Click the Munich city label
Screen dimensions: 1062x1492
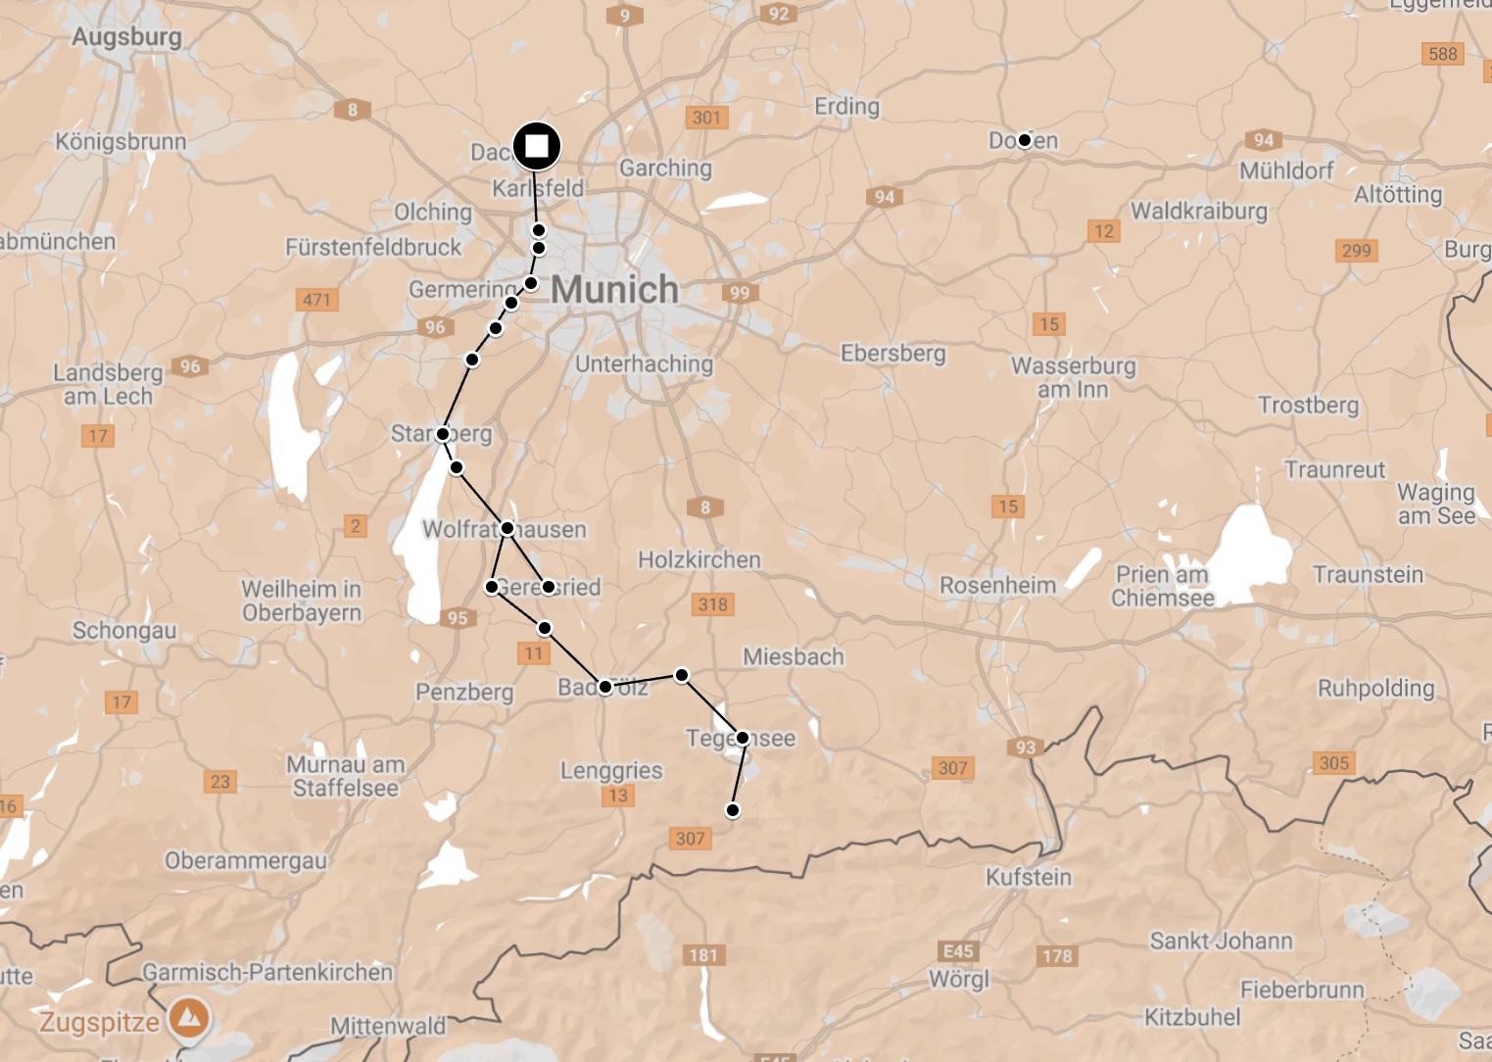[x=614, y=289]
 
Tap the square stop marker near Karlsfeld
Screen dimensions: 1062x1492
[x=537, y=147]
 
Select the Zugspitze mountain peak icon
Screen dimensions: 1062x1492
[x=189, y=1019]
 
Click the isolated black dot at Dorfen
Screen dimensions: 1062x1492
[x=1024, y=140]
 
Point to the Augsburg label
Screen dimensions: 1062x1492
[x=126, y=37]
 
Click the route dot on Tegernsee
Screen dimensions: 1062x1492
[x=743, y=738]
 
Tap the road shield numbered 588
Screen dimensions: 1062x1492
[x=1442, y=54]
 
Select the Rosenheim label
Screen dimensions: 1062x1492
[x=997, y=586]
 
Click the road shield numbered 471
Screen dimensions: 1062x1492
[x=316, y=300]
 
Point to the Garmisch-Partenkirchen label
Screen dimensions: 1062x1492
[x=267, y=972]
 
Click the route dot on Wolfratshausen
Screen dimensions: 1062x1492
[x=507, y=528]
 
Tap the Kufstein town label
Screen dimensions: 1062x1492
[x=1029, y=877]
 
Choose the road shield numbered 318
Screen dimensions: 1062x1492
[x=713, y=603]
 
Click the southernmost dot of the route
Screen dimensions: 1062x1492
[x=732, y=810]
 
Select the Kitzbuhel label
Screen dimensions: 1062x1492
[x=1192, y=1017]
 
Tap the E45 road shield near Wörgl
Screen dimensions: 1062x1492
[x=957, y=951]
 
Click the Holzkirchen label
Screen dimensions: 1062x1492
[x=699, y=559]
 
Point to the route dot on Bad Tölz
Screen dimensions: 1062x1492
[x=605, y=687]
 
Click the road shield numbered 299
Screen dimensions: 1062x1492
[x=1356, y=250]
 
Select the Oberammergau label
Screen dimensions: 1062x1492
[x=246, y=861]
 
